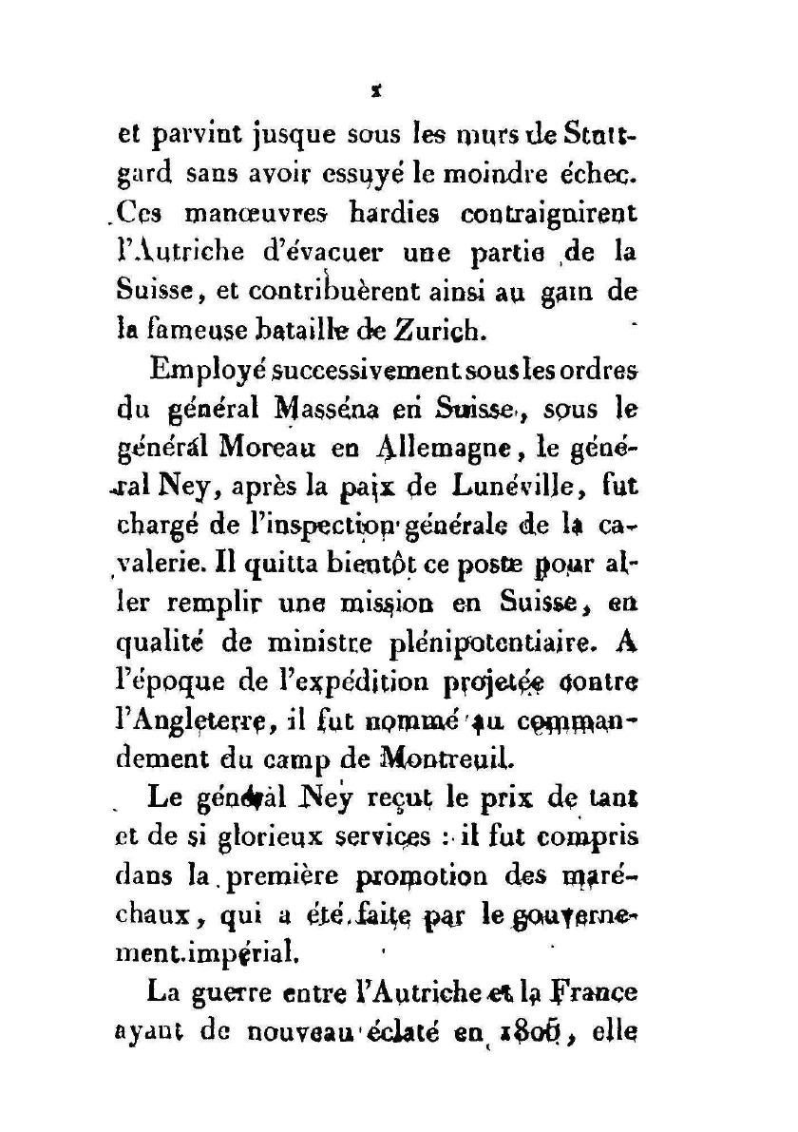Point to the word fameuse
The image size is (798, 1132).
point(199,333)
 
